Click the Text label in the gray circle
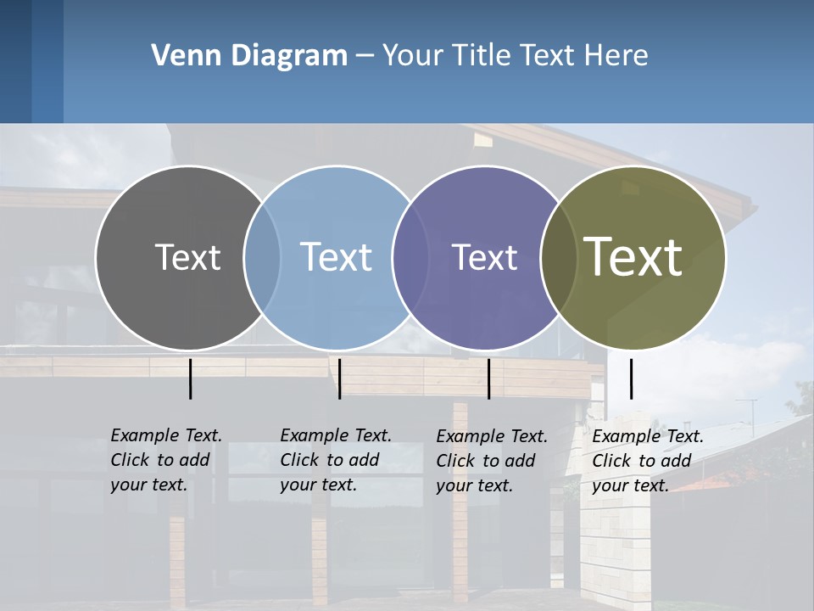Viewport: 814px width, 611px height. pos(187,257)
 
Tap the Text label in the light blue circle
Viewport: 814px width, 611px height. pos(336,257)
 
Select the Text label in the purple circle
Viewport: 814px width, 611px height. pos(484,257)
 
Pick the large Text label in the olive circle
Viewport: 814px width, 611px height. pos(633,256)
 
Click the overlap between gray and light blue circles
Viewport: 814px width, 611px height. pos(262,257)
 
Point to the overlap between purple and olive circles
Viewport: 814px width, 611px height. pos(559,257)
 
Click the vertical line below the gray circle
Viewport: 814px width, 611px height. pos(190,378)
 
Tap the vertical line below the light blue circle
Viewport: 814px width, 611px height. pos(339,378)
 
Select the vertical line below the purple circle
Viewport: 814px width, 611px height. pos(488,378)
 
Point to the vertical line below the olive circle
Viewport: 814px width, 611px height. pos(631,378)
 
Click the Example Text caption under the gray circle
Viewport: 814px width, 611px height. pos(166,460)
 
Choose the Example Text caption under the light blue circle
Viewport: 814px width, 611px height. pos(336,460)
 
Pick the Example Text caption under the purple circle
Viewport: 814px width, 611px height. pos(492,461)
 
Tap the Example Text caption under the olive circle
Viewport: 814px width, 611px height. pos(648,461)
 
